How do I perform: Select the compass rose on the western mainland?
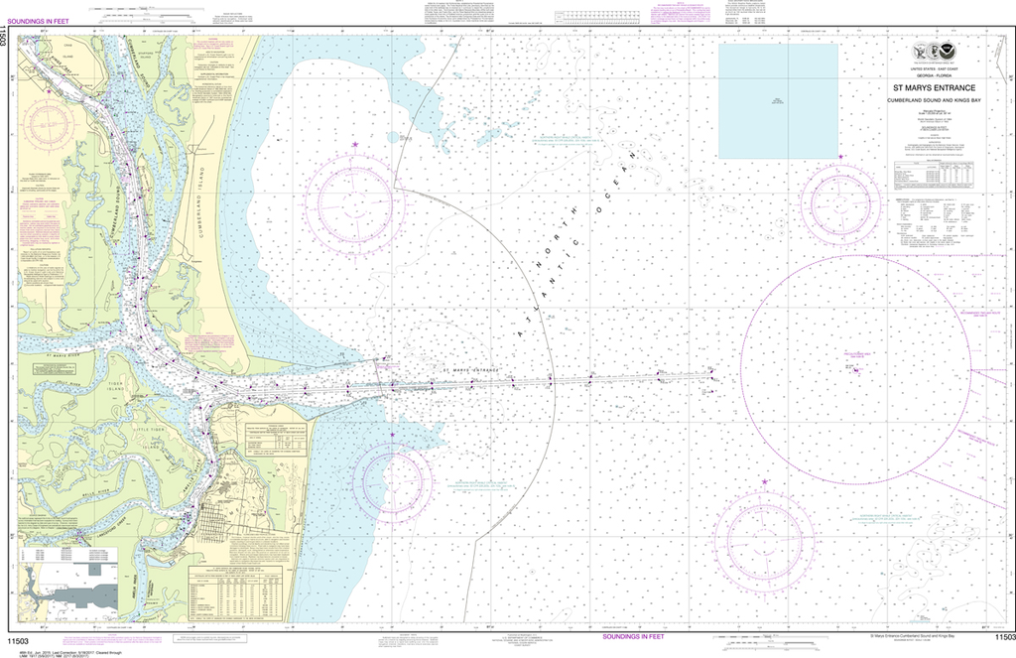pos(50,124)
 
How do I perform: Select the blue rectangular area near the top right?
pos(777,99)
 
